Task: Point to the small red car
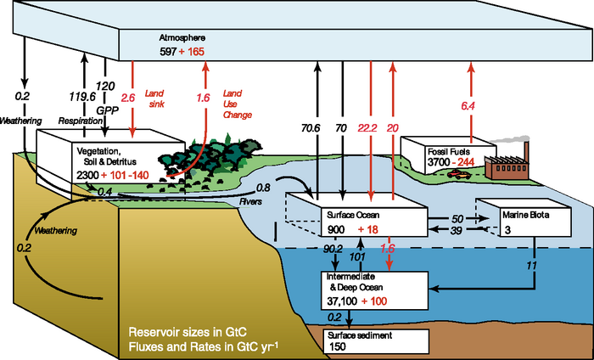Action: pos(461,174)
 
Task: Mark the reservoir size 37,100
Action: pos(345,301)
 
